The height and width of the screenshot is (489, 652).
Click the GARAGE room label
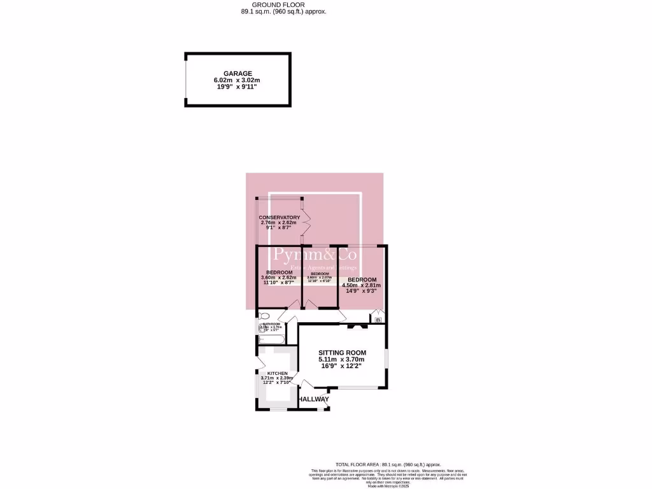point(237,74)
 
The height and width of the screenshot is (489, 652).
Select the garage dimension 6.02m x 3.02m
point(237,80)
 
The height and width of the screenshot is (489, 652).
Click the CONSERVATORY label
point(279,217)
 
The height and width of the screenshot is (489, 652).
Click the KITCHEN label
point(277,374)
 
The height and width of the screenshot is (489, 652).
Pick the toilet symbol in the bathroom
point(264,316)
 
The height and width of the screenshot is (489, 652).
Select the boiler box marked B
point(378,320)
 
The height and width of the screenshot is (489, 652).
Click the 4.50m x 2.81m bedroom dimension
point(361,285)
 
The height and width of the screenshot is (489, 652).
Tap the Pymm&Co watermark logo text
point(315,256)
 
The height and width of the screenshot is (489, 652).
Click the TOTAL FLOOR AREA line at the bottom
point(388,465)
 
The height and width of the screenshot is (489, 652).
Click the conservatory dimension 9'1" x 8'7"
point(279,228)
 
